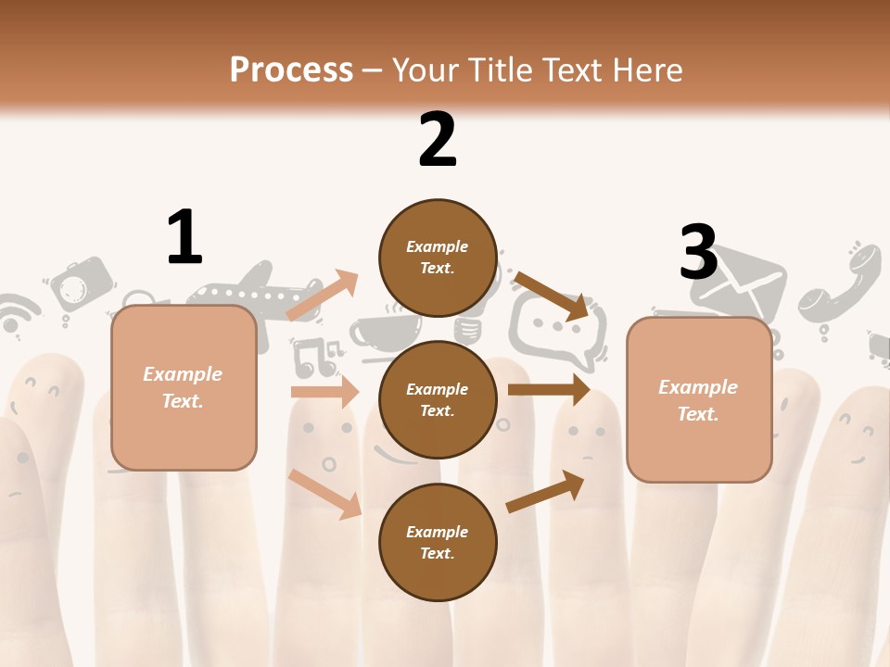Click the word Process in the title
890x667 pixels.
pyautogui.click(x=291, y=69)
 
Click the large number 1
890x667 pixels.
pyautogui.click(x=184, y=237)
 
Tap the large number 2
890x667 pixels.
pyautogui.click(x=438, y=139)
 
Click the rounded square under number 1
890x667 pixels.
pyautogui.click(x=184, y=387)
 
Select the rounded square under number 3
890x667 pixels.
pyautogui.click(x=699, y=399)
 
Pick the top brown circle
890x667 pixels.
pyautogui.click(x=438, y=258)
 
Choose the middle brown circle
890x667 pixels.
pyautogui.click(x=438, y=399)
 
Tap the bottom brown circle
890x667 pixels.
pyautogui.click(x=438, y=542)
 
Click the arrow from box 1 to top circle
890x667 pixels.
pyautogui.click(x=322, y=296)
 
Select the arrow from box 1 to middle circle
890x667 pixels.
pyautogui.click(x=324, y=392)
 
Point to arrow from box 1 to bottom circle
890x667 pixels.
pyautogui.click(x=324, y=494)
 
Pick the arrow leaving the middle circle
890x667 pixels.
pyautogui.click(x=549, y=390)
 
